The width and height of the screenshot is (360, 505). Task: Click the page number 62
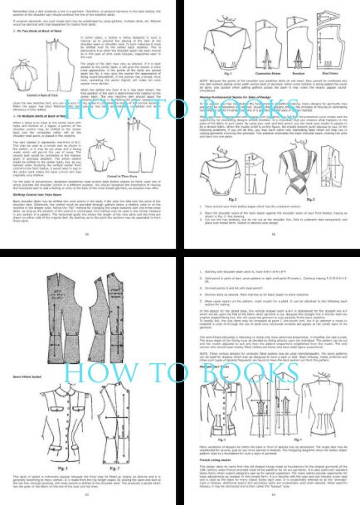[89, 494]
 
